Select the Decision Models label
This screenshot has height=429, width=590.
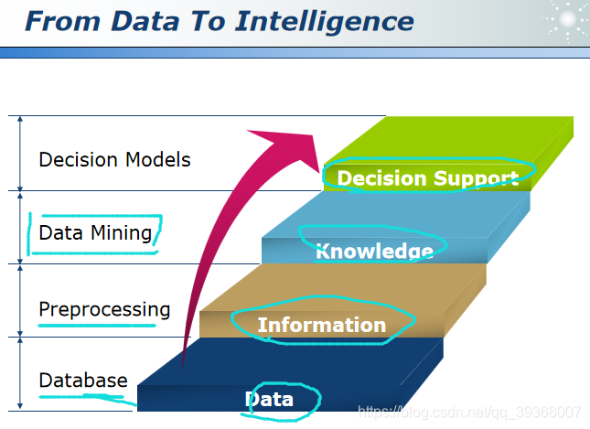pyautogui.click(x=114, y=159)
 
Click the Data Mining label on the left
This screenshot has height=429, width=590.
pyautogui.click(x=95, y=232)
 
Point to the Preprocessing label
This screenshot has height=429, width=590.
pyautogui.click(x=104, y=309)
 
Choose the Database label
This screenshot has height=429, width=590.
pyautogui.click(x=83, y=380)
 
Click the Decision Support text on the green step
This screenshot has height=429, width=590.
pyautogui.click(x=428, y=177)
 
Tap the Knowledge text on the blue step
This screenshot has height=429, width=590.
pyautogui.click(x=373, y=251)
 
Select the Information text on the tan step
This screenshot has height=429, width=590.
pyautogui.click(x=321, y=325)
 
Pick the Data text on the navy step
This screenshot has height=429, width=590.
pyautogui.click(x=269, y=399)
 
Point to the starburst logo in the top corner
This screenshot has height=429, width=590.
pyautogui.click(x=563, y=20)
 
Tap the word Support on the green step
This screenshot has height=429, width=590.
pyautogui.click(x=477, y=177)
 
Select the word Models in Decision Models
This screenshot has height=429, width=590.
pyautogui.click(x=158, y=159)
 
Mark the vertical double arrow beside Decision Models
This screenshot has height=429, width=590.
pyautogui.click(x=18, y=153)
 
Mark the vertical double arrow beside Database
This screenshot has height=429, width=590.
pyautogui.click(x=18, y=372)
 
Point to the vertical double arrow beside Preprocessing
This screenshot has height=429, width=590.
pyautogui.click(x=18, y=300)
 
